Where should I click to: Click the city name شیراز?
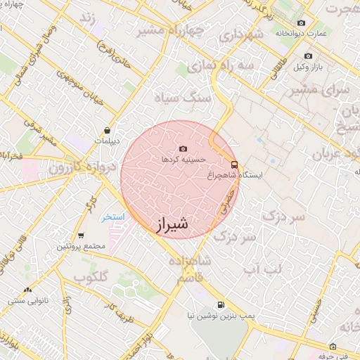coord(171,224)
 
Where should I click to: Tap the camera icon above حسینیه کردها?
coord(184,148)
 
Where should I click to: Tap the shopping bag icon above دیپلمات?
coord(107,130)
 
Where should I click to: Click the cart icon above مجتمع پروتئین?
coord(82,236)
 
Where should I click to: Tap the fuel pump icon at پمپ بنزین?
coord(221,305)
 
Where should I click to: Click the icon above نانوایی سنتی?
coord(27,290)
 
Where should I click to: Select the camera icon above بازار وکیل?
coord(308,56)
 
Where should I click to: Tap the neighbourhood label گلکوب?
coord(89,277)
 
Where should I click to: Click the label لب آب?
coord(262,269)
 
